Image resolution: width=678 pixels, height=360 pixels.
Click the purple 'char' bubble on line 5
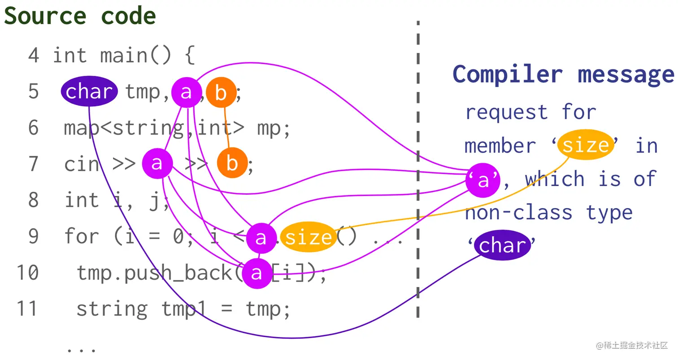[x=89, y=91]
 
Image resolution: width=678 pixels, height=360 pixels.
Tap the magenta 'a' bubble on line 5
[x=187, y=92]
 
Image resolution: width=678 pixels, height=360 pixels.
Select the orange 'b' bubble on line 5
[x=221, y=92]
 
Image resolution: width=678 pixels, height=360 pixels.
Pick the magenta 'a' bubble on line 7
[x=157, y=163]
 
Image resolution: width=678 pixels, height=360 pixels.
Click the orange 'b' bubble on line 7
[x=232, y=163]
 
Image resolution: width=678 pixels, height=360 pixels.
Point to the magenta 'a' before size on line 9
[x=261, y=238]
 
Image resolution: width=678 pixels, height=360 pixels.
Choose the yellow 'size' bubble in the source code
[x=309, y=237]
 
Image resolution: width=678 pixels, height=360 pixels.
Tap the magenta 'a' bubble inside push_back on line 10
[x=257, y=273]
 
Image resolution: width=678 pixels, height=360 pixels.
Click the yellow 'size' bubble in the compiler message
[x=586, y=145]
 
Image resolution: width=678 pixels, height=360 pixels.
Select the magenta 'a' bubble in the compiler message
[x=483, y=180]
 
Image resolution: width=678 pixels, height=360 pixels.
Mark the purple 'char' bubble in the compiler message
[x=502, y=245]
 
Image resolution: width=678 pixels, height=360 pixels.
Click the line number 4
[x=34, y=56]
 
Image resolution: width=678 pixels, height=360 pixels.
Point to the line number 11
[x=27, y=308]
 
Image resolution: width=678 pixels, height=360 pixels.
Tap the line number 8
[x=34, y=200]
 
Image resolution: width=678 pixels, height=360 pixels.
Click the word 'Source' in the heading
[x=45, y=16]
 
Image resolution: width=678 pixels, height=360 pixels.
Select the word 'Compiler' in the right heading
[x=508, y=74]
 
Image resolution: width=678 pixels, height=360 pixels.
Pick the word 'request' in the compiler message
[x=507, y=113]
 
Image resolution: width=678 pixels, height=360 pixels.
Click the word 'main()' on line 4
[x=136, y=56]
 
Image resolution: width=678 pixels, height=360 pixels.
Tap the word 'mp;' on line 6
[x=274, y=129]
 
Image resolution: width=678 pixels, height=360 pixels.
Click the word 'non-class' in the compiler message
[x=519, y=212]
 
